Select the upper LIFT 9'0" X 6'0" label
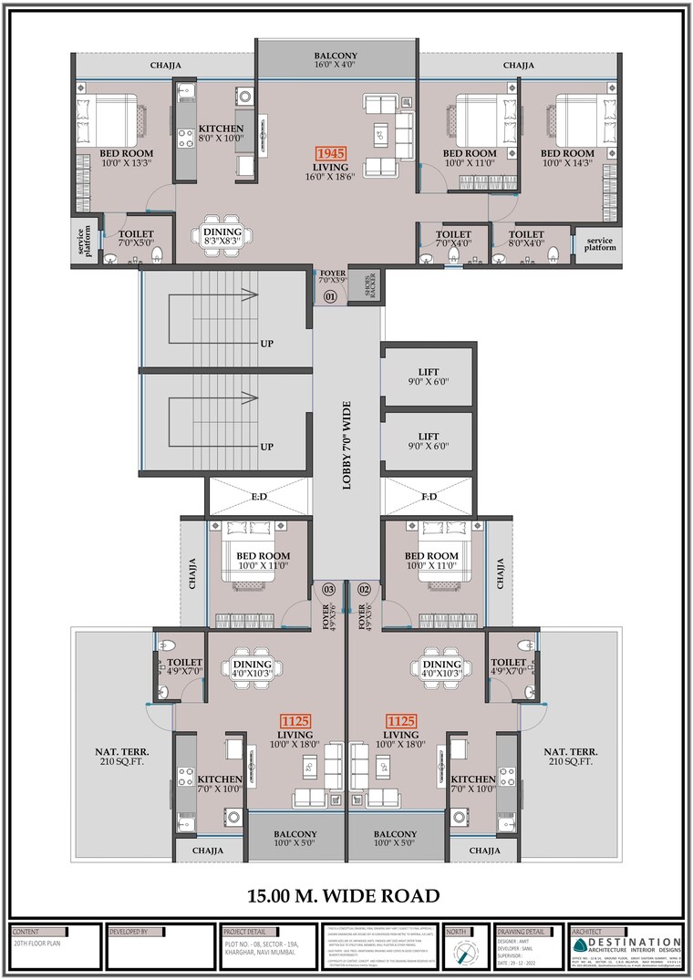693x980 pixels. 429,377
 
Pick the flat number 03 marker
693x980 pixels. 328,590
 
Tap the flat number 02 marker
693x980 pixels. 363,590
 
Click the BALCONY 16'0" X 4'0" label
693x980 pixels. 336,60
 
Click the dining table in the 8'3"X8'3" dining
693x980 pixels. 222,235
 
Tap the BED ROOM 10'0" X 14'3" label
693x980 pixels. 567,158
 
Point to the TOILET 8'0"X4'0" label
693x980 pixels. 525,239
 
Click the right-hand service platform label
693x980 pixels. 599,244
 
